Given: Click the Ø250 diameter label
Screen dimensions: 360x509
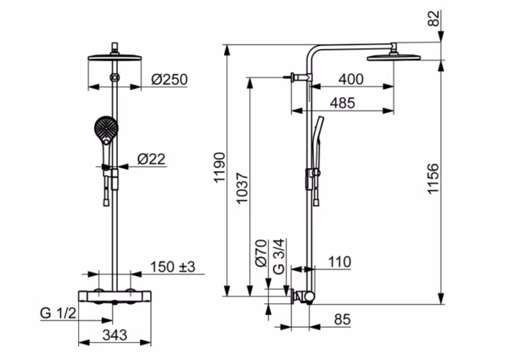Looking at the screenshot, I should click(x=169, y=80).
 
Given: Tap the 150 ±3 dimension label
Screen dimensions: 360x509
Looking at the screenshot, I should click(x=172, y=267).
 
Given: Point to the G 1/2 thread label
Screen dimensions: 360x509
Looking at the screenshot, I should click(x=59, y=315).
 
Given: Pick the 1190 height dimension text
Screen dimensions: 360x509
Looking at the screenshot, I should click(x=217, y=170).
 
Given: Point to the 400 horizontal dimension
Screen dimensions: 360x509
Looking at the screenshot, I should click(x=351, y=80).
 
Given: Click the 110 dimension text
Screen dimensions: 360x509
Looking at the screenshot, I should click(x=338, y=263).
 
